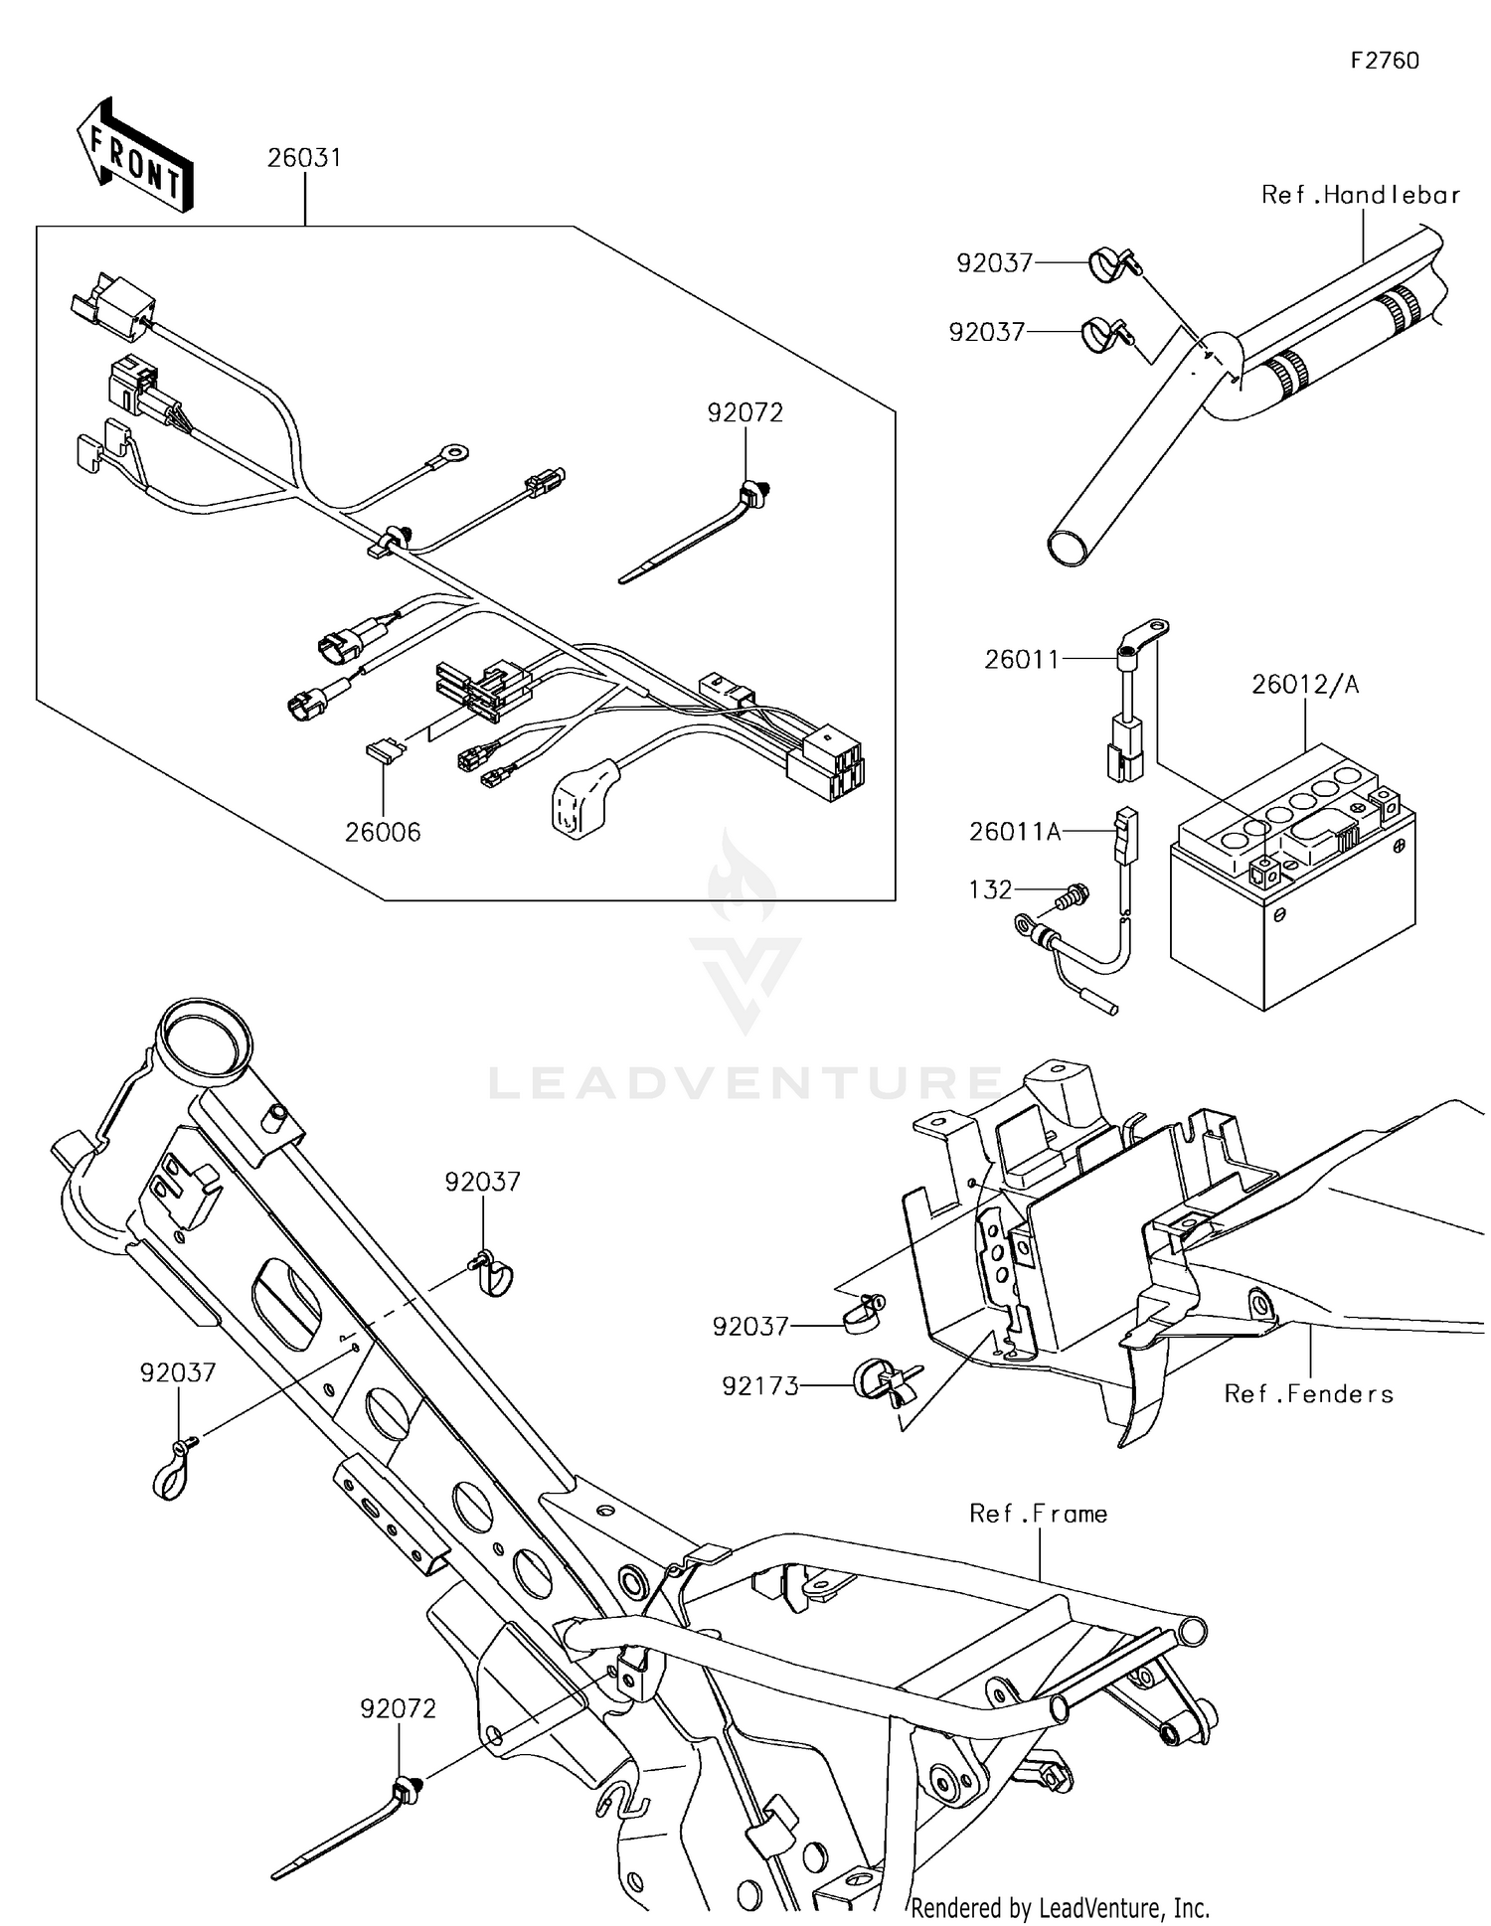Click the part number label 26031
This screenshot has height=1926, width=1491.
304,158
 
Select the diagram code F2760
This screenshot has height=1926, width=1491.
1385,61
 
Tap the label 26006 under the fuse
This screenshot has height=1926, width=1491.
383,832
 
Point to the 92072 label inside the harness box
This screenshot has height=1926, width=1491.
745,412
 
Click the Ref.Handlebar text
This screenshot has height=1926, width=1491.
1360,195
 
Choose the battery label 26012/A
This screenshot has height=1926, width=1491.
1304,684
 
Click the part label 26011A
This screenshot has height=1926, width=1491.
1015,831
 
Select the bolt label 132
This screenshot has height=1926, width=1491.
990,889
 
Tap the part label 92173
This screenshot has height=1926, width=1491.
760,1386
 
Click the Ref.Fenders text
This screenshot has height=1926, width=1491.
1308,1394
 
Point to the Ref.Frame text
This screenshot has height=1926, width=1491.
1038,1514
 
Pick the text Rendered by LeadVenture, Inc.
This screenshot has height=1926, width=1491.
1060,1907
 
